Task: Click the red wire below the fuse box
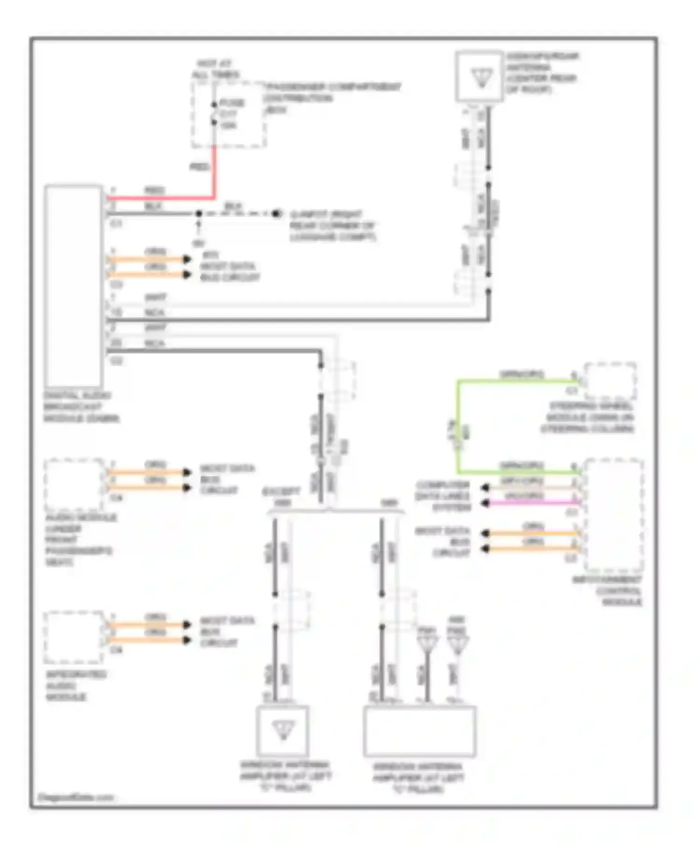tap(214, 173)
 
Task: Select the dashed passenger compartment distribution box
tap(229, 116)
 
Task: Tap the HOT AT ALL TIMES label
tap(216, 69)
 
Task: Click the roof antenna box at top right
tap(479, 76)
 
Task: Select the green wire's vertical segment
tap(458, 427)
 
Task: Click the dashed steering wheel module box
tap(610, 381)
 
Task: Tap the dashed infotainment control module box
tap(614, 515)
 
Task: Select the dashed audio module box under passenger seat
tap(73, 485)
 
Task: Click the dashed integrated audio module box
tap(73, 637)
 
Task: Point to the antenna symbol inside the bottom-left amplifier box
tap(283, 730)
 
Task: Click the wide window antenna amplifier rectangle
tap(420, 731)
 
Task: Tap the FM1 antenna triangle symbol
tap(427, 645)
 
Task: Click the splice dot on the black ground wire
tap(199, 214)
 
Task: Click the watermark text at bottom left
tap(76, 797)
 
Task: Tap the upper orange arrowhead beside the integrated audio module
tap(187, 624)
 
